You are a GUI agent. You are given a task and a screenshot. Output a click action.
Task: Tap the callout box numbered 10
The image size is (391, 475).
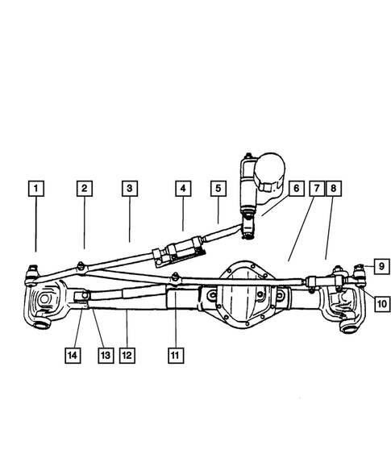(381, 304)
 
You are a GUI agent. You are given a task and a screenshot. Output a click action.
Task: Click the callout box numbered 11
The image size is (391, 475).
(174, 353)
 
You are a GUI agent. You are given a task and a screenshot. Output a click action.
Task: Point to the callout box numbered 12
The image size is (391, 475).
(127, 353)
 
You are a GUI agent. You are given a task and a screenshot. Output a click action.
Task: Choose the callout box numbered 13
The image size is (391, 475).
(103, 353)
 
